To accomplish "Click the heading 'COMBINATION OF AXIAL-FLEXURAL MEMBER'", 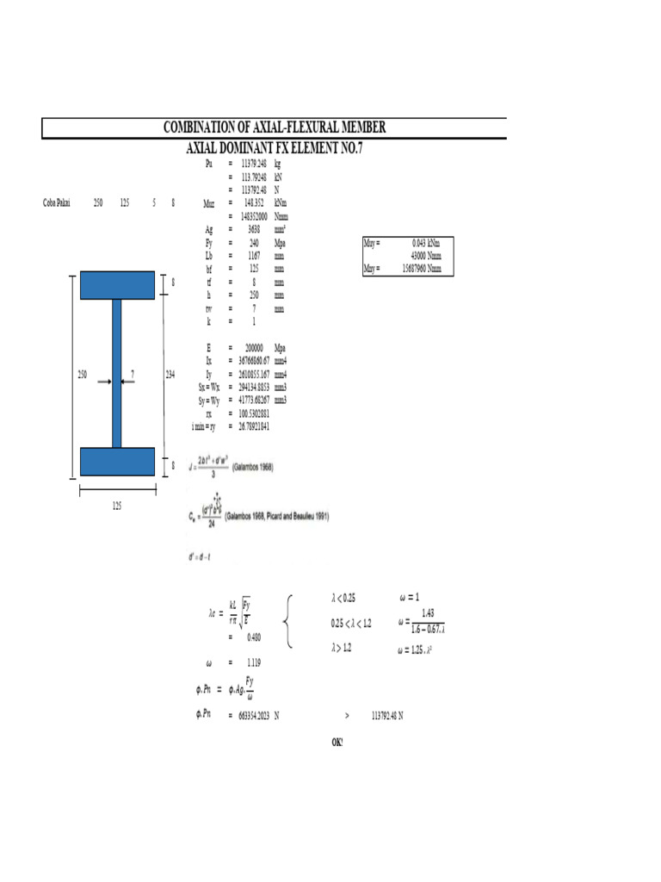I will tap(275, 127).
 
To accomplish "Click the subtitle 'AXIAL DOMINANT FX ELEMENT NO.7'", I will tap(275, 148).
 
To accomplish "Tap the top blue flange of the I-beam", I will tap(117, 285).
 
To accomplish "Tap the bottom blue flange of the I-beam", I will tap(117, 462).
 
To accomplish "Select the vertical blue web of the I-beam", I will tap(117, 373).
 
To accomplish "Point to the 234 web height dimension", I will tap(170, 374).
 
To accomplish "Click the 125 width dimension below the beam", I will tap(117, 506).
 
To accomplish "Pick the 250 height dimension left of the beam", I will tap(83, 374).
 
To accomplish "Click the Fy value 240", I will tap(254, 243).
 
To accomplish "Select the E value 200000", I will tap(253, 347).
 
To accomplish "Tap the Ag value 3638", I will tap(254, 230).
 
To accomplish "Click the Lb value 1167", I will tap(254, 256).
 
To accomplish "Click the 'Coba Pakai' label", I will tap(57, 203).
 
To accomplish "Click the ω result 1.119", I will tap(253, 663).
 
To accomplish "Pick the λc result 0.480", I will tap(254, 637).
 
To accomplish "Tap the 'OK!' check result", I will tap(337, 742).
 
